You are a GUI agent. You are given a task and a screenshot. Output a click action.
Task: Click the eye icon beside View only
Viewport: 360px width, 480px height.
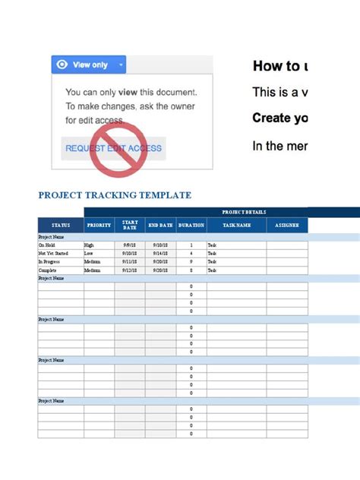click(x=62, y=65)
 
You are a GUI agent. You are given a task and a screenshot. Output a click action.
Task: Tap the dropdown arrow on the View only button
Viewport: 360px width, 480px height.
click(x=120, y=65)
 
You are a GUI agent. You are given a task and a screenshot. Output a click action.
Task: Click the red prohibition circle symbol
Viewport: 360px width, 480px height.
click(x=113, y=148)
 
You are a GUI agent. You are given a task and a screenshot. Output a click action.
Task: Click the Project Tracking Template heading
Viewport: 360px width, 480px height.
click(x=115, y=195)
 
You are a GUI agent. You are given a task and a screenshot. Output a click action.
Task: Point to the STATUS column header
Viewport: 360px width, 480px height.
click(x=61, y=226)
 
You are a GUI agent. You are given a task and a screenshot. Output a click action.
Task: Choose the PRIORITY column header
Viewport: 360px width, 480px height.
click(x=99, y=226)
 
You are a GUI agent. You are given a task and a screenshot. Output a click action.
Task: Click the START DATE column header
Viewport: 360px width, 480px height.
click(x=130, y=225)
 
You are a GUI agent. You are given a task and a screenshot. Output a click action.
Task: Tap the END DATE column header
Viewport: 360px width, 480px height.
click(x=160, y=226)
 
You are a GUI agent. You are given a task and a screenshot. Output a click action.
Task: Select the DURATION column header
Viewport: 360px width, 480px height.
click(x=191, y=226)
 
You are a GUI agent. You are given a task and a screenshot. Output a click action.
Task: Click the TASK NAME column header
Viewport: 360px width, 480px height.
click(x=237, y=226)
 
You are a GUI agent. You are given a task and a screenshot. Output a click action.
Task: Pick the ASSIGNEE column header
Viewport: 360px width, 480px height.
click(x=288, y=226)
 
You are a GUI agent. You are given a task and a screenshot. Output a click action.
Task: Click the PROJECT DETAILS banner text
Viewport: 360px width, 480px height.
click(x=244, y=212)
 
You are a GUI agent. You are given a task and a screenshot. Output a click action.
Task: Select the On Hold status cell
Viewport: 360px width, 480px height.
click(x=46, y=245)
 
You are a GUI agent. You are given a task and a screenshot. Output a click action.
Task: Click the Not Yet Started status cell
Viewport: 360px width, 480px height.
click(x=53, y=254)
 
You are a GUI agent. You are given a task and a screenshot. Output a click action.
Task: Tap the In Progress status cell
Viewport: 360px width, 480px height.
click(x=49, y=262)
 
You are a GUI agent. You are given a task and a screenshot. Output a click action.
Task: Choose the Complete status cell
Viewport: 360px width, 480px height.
click(x=47, y=270)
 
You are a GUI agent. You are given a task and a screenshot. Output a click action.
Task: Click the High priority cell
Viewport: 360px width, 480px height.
click(x=90, y=245)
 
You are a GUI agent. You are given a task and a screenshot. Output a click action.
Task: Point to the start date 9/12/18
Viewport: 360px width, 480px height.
click(x=130, y=270)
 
